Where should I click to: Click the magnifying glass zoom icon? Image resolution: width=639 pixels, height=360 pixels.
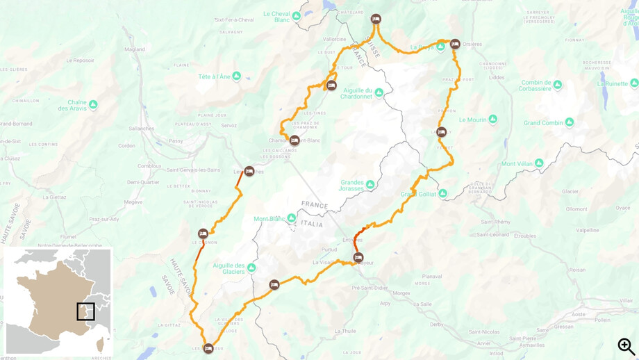(x=626, y=346)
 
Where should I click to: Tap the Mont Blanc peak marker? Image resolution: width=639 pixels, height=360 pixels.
(x=292, y=218)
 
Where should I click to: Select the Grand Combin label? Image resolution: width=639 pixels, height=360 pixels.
(x=543, y=123)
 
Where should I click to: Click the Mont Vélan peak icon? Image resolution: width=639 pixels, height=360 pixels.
(x=538, y=164)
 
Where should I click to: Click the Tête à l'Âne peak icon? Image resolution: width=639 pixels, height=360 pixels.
(x=237, y=76)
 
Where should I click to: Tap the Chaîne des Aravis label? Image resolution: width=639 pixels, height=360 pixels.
(x=72, y=105)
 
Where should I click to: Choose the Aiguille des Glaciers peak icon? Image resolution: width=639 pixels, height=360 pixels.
(x=251, y=268)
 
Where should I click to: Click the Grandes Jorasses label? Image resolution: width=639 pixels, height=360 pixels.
(x=352, y=186)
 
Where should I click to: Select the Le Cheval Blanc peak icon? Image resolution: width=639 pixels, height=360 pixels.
(x=297, y=15)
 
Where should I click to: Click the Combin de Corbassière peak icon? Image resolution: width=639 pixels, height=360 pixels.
(x=557, y=85)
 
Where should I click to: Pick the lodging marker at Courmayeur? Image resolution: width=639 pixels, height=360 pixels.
(x=358, y=258)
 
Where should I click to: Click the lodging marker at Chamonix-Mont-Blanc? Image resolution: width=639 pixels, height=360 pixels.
(x=294, y=140)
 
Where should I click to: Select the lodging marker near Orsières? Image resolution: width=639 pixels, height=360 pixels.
(x=455, y=44)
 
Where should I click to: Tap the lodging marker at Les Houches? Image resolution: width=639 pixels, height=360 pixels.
(x=249, y=171)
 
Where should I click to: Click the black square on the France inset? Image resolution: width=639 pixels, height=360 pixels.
(x=85, y=311)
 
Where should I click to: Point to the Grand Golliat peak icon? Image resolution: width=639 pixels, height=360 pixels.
(x=442, y=193)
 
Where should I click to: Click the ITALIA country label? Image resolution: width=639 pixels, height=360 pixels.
(x=311, y=224)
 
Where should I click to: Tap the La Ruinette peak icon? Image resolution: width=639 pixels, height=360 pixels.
(x=633, y=83)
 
